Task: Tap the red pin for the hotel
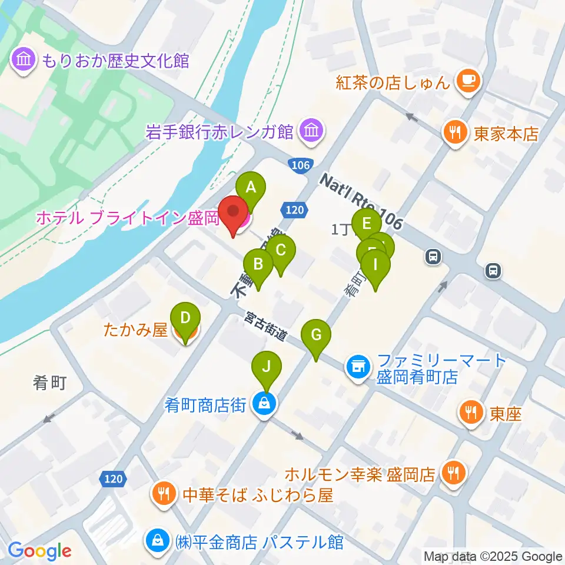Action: point(234,214)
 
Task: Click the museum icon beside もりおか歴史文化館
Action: point(24,60)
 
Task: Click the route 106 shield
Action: point(300,165)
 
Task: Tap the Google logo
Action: point(40,551)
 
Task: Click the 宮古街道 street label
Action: point(266,327)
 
